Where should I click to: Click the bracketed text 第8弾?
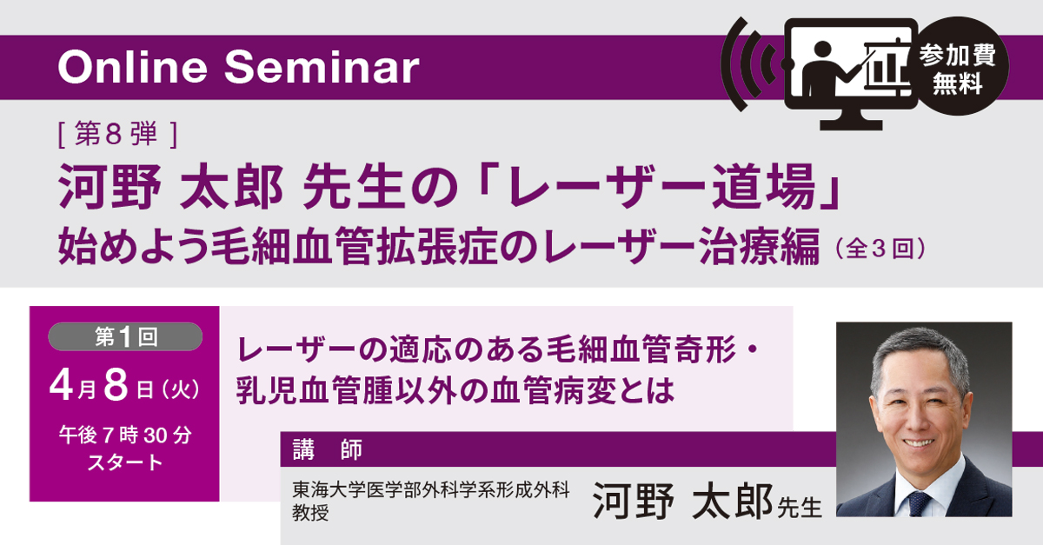point(117,134)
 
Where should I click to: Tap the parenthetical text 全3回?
point(878,250)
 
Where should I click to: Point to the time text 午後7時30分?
point(125,435)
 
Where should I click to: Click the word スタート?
point(125,462)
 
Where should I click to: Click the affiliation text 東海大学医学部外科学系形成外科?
point(431,491)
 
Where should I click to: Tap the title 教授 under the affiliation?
point(311,513)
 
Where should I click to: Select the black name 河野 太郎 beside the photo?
point(681,502)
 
